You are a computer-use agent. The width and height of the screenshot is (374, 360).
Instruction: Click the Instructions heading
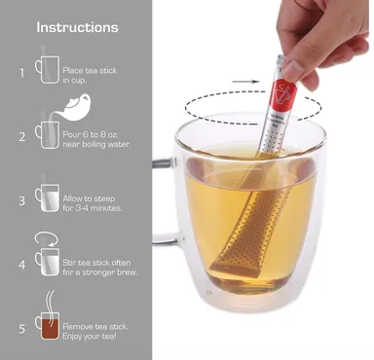[x=77, y=27]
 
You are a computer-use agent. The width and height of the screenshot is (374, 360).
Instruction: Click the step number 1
[x=21, y=73]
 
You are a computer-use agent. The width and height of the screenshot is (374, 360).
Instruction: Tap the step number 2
[x=21, y=137]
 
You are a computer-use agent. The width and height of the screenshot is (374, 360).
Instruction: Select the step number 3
[x=21, y=200]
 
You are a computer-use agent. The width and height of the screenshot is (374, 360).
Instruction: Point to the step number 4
[x=21, y=265]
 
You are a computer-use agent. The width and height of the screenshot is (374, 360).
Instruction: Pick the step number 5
[x=21, y=329]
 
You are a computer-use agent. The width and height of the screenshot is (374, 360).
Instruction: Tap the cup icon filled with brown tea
[x=48, y=326]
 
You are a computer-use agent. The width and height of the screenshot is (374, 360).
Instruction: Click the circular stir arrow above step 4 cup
[x=47, y=238]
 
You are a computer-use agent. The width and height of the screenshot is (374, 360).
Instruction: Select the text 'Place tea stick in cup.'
[x=90, y=75]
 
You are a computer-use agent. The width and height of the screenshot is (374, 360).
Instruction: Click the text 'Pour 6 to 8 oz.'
[x=91, y=134]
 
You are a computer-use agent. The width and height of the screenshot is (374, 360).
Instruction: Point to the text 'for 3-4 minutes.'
[x=93, y=208]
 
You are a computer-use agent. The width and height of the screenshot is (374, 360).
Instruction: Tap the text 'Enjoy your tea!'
[x=90, y=336]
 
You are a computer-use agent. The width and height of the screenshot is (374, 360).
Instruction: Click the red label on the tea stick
[x=283, y=95]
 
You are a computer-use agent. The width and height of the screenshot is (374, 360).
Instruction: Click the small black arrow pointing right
[x=246, y=82]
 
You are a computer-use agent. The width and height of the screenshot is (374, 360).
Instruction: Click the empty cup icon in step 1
[x=48, y=69]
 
